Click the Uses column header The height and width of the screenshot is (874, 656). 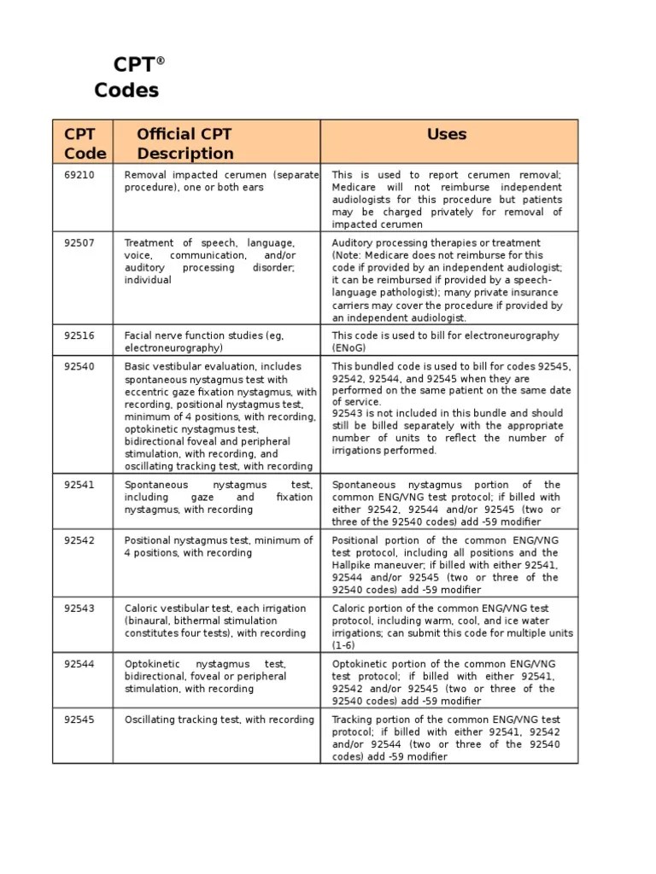tap(447, 134)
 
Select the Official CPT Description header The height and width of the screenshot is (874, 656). tap(185, 143)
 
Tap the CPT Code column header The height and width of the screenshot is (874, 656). tap(85, 143)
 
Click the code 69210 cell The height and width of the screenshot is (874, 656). tap(79, 175)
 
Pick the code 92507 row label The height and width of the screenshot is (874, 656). tap(79, 243)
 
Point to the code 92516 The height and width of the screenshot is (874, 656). tap(79, 336)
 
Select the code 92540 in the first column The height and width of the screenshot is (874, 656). tap(79, 366)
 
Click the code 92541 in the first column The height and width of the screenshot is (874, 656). tap(79, 485)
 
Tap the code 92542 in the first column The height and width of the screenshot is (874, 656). tap(79, 540)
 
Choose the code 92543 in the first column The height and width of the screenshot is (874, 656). tap(79, 609)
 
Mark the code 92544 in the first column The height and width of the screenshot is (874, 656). tap(79, 664)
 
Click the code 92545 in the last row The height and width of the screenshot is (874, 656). tap(79, 720)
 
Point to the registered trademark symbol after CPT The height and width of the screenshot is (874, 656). tap(160, 61)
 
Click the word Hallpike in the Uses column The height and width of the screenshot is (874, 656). tap(353, 565)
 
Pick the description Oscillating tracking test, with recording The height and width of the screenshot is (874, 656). tap(220, 720)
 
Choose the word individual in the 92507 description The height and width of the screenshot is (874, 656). tap(148, 280)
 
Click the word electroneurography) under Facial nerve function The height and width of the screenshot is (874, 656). tap(173, 348)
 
